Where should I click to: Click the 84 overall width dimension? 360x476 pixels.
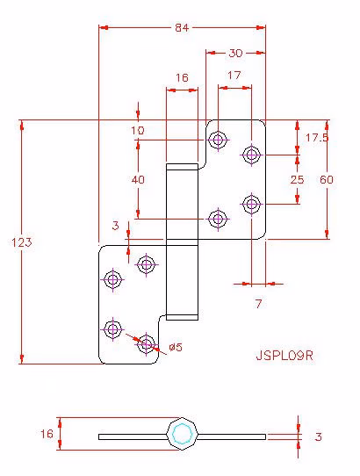(x=182, y=28)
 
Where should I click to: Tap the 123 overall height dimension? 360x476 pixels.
(x=22, y=242)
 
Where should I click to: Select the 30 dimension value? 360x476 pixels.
(x=235, y=53)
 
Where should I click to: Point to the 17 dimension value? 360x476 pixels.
(x=234, y=75)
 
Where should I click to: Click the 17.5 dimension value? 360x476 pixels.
(x=317, y=138)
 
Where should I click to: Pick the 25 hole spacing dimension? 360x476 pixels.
(x=297, y=179)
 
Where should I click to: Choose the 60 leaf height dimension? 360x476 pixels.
(x=327, y=180)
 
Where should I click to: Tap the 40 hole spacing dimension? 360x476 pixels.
(x=138, y=180)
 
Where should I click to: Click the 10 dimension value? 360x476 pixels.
(x=138, y=131)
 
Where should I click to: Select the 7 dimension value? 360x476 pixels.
(x=258, y=304)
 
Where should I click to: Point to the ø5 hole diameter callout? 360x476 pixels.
(x=176, y=347)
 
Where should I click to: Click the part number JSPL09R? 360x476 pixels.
(x=284, y=356)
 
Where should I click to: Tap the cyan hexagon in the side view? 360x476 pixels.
(x=182, y=434)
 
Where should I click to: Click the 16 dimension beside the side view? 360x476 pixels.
(x=47, y=434)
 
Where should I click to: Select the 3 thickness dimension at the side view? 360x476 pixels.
(x=318, y=436)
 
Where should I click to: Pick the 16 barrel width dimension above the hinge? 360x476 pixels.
(x=182, y=77)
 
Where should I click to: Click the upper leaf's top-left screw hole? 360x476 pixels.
(x=218, y=140)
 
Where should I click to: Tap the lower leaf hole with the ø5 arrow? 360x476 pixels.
(x=146, y=344)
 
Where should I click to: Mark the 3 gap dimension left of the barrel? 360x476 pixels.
(x=115, y=226)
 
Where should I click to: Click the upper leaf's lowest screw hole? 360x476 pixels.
(x=218, y=219)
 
